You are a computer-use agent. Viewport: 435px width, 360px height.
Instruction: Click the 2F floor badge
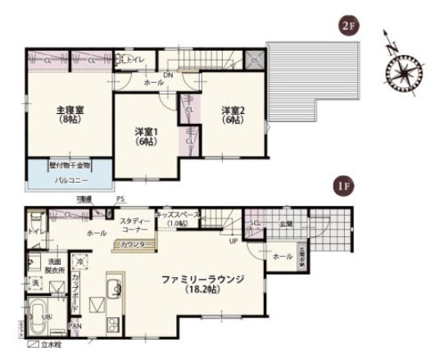pos(349,25)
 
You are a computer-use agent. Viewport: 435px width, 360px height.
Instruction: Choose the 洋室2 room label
pos(233,115)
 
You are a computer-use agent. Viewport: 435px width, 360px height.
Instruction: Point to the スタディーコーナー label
pos(133,226)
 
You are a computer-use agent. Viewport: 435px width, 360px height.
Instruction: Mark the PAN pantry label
pos(75,326)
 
